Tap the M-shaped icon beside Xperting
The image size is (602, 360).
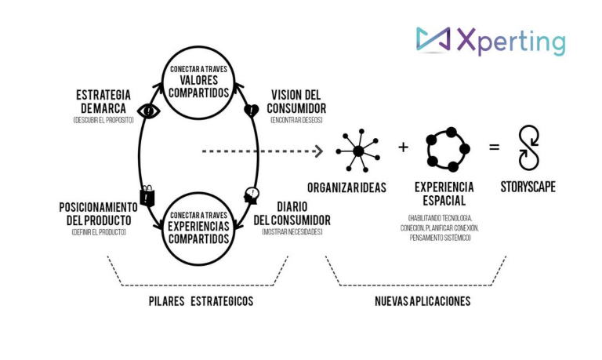(433, 41)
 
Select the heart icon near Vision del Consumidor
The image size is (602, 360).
(252, 111)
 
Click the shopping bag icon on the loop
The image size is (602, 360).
(147, 196)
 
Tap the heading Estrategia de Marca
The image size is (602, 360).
(103, 102)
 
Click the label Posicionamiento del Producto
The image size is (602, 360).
(97, 213)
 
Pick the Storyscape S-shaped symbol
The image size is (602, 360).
(528, 148)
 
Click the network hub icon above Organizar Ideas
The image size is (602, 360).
(357, 149)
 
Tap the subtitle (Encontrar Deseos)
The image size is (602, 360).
(296, 121)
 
